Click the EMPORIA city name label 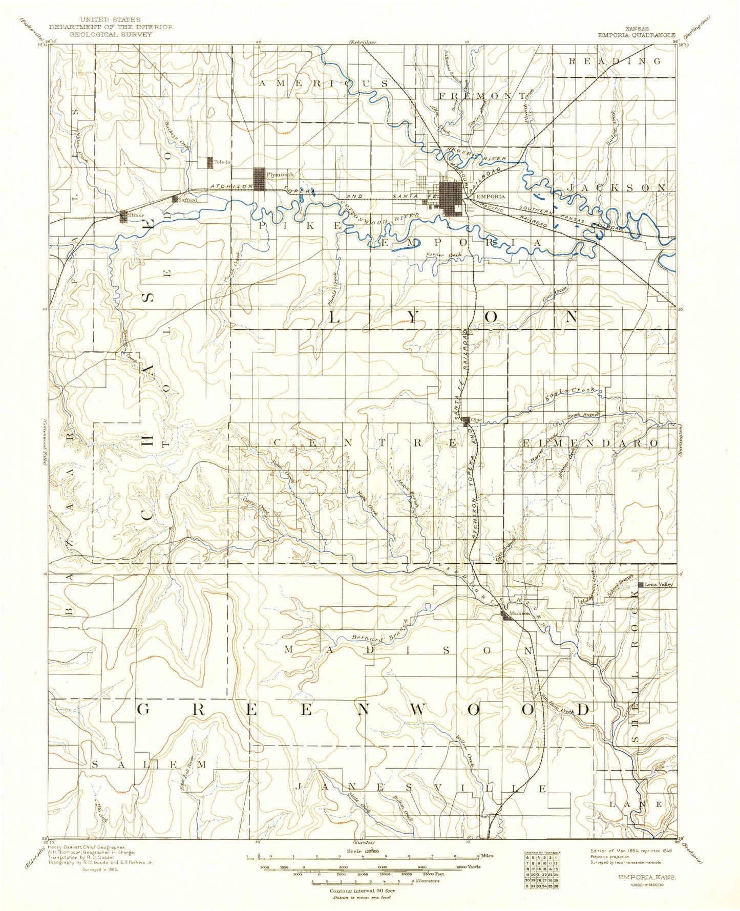[x=490, y=196]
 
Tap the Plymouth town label [x=280, y=175]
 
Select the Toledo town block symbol [x=209, y=162]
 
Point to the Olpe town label [x=476, y=420]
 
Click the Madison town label [x=519, y=613]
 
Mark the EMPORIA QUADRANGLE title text [x=636, y=35]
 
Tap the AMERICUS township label [x=324, y=83]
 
